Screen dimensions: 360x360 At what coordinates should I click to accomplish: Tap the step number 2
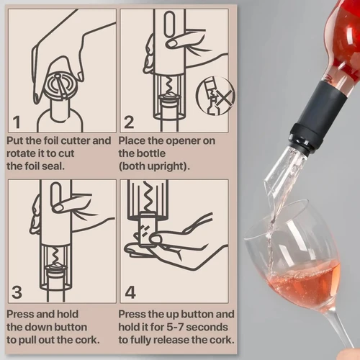tap(130, 121)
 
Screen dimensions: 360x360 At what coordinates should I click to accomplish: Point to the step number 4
tap(130, 292)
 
